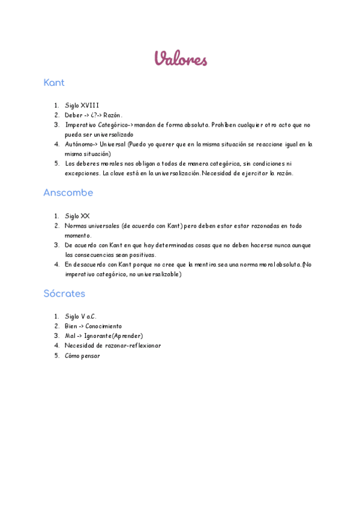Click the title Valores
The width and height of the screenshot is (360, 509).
point(181,59)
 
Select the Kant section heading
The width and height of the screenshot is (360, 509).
point(54,83)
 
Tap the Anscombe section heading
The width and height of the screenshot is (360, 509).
point(68,193)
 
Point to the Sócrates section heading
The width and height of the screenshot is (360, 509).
point(64,294)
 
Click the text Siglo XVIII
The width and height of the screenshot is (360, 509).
point(82,106)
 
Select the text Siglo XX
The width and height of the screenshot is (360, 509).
point(77,216)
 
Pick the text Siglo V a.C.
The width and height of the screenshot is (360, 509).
point(80,316)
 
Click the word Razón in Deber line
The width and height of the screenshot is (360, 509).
point(112,115)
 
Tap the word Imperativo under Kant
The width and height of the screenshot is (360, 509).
point(80,125)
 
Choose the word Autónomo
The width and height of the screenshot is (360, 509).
point(79,144)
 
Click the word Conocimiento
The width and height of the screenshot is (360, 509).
point(103,326)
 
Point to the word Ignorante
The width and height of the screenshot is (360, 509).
point(98,336)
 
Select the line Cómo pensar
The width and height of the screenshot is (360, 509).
point(82,355)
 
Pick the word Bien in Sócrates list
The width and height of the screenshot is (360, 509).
point(71,326)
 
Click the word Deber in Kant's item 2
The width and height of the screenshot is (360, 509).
point(74,115)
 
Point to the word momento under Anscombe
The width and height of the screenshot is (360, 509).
point(78,235)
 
